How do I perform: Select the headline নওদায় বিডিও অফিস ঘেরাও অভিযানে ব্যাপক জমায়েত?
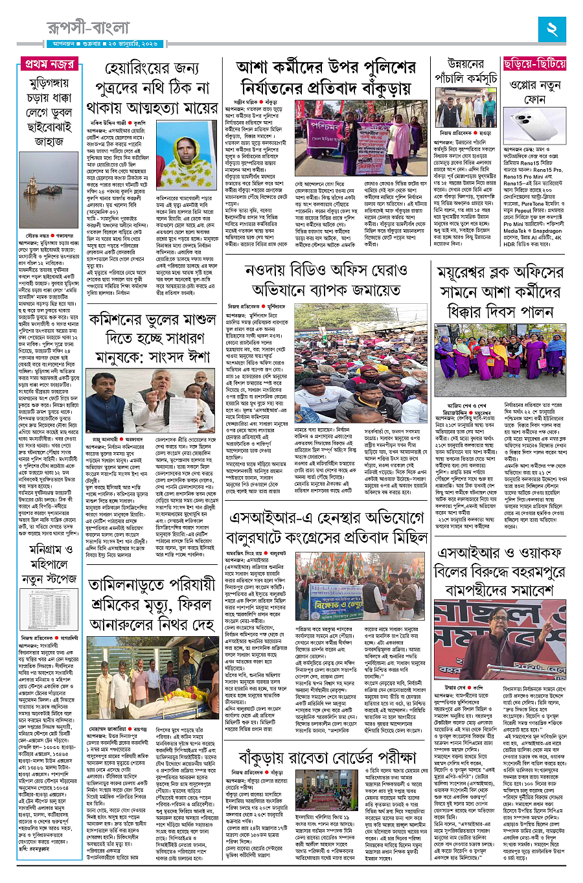[x=331, y=279]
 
